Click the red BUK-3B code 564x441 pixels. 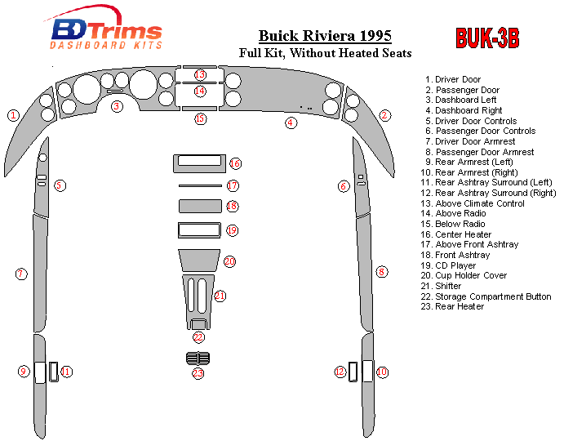click(487, 38)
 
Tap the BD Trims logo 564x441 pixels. click(104, 28)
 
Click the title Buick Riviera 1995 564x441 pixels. click(325, 36)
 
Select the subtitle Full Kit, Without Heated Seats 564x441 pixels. click(325, 53)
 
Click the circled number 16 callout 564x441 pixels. click(235, 163)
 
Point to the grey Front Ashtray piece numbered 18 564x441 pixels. click(200, 207)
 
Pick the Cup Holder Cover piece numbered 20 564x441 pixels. click(199, 261)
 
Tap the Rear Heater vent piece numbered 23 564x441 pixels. click(198, 359)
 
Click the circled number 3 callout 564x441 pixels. click(117, 106)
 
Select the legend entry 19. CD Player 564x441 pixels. click(448, 265)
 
